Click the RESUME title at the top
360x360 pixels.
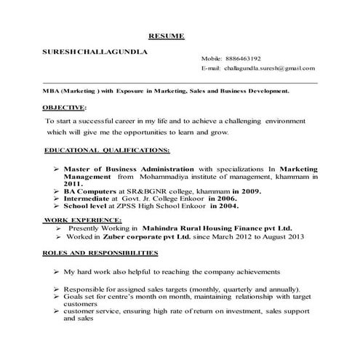point(167,36)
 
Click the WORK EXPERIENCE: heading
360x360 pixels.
point(82,219)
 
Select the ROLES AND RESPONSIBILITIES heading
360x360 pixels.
point(100,252)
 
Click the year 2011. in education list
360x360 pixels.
point(72,184)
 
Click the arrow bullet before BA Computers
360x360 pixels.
point(56,191)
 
